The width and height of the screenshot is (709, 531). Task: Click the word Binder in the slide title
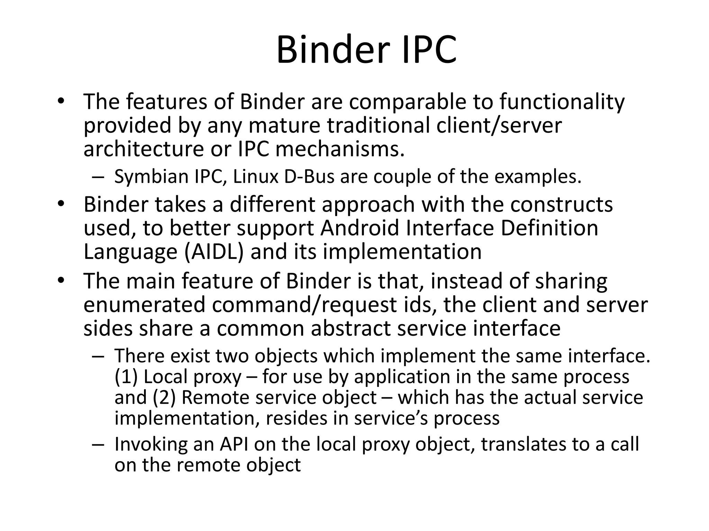331,50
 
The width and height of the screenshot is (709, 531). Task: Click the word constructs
561,204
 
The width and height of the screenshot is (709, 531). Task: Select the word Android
360,228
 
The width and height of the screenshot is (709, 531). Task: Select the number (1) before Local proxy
126,377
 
